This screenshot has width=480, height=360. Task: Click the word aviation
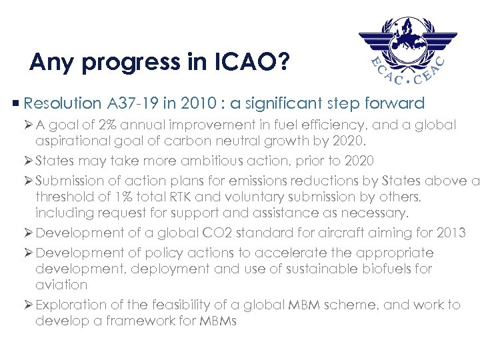pyautogui.click(x=61, y=285)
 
